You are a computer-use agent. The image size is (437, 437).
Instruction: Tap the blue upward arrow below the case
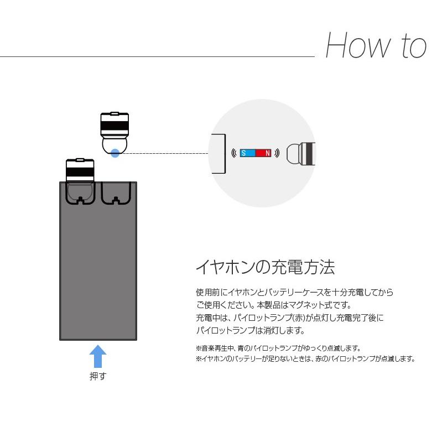98,356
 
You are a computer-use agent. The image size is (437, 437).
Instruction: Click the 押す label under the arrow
98,377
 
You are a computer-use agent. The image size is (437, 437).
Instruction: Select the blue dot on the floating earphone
115,153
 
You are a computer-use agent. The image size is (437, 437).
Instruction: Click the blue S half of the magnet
247,153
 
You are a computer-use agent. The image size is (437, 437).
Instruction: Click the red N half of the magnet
264,153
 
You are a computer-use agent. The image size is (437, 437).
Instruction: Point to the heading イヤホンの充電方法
266,268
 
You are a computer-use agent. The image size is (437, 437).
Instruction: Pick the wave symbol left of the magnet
235,153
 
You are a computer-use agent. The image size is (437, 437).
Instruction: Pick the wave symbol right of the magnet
276,153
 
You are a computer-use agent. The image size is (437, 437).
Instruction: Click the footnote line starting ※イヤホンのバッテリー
305,359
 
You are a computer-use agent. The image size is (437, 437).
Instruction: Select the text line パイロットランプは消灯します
250,331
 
